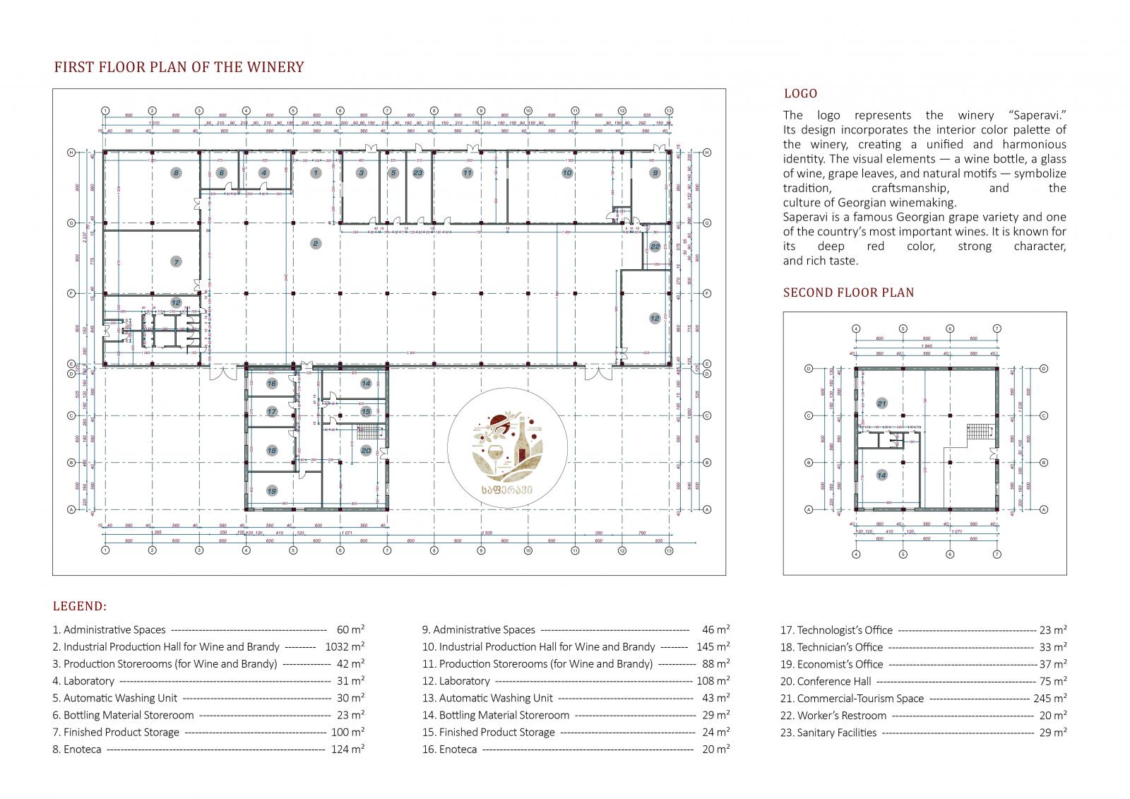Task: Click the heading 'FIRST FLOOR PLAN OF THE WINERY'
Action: click(x=179, y=67)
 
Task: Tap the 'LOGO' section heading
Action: click(x=800, y=93)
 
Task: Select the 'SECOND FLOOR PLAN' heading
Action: click(x=848, y=292)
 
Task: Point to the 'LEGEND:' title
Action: click(x=80, y=606)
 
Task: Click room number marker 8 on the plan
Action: click(x=176, y=172)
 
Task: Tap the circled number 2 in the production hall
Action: click(x=316, y=244)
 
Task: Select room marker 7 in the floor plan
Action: click(x=177, y=262)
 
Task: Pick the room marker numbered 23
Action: click(x=418, y=172)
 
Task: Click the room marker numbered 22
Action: click(x=655, y=247)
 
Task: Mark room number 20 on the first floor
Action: click(x=366, y=450)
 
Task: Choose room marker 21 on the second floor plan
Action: click(x=881, y=403)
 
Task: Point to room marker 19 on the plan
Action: click(x=272, y=491)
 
